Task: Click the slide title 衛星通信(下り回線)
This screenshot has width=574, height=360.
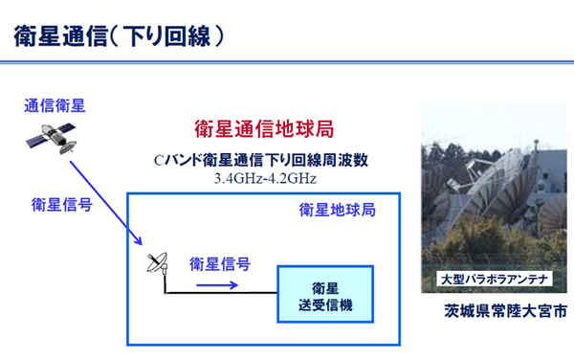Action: (x=121, y=37)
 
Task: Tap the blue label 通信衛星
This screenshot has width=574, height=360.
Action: (x=55, y=106)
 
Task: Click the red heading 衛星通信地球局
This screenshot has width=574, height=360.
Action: (x=263, y=128)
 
